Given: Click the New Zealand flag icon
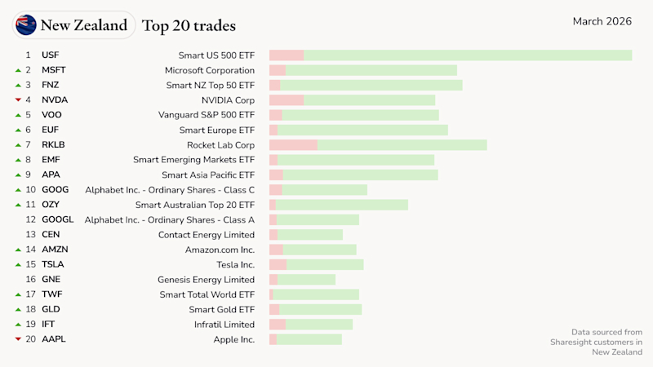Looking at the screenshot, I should pos(26,25).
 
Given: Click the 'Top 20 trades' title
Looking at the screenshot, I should pos(189,25).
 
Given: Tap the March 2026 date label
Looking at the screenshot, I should pos(602,21).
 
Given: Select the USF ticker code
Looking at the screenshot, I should pos(50,55).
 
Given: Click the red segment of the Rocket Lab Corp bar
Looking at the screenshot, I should pos(293,145).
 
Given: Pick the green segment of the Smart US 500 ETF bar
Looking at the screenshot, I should pos(468,55).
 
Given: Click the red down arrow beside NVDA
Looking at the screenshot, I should pos(18,100).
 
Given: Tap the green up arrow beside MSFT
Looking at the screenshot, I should pos(18,70).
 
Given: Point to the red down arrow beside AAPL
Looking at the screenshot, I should pos(18,339).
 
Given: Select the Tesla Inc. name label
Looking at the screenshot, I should pos(236,264).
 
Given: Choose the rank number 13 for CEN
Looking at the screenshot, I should pos(30,235).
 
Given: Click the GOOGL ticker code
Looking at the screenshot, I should pos(57,219).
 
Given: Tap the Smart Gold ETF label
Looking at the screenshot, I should pos(222,309).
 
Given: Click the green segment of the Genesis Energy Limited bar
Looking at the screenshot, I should pos(306,280).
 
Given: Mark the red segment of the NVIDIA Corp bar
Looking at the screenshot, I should pos(287,100).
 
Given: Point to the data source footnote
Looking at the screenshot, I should pos(596,342).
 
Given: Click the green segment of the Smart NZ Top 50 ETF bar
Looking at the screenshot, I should pos(371,85).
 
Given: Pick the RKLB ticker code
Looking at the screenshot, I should pos(53,145).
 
